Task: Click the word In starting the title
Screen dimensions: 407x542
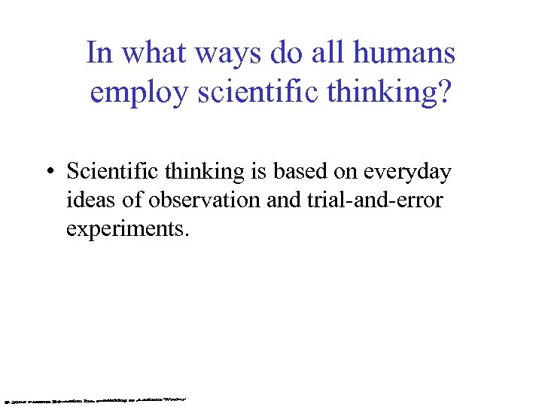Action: tap(99, 54)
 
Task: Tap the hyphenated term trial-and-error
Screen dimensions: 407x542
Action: tap(379, 200)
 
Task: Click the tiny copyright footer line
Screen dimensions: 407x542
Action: tap(95, 396)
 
